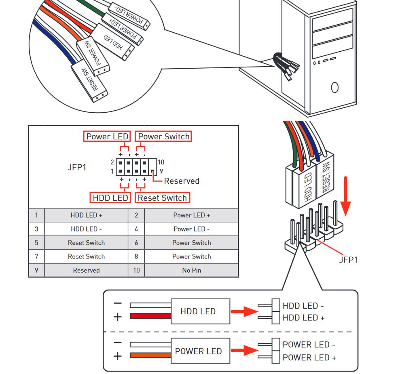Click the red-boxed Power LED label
107,137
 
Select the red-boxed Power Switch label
163,137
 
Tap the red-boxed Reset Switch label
162,198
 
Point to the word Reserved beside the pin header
182,181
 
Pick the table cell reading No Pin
191,270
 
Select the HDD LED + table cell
86,215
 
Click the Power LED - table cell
191,229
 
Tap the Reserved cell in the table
86,270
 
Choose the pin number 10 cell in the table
136,270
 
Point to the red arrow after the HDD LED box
244,311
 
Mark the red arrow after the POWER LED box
244,351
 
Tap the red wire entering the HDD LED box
150,316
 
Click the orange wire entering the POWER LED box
150,355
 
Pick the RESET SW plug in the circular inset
89,80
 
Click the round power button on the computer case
334,87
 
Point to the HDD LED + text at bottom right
303,318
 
